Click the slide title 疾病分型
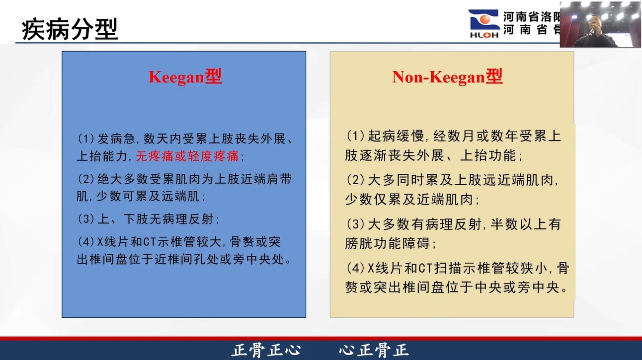(70, 29)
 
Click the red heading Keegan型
(185, 77)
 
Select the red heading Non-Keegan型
(447, 77)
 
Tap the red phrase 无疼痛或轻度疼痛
(187, 156)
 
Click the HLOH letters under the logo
(484, 35)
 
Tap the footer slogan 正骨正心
(266, 350)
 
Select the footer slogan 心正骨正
(374, 350)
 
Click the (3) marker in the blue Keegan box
(86, 219)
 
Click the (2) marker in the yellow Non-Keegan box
(355, 180)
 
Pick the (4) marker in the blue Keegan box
(86, 242)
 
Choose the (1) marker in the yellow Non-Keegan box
(355, 136)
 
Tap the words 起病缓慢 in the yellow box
(396, 136)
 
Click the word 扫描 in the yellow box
(448, 268)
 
